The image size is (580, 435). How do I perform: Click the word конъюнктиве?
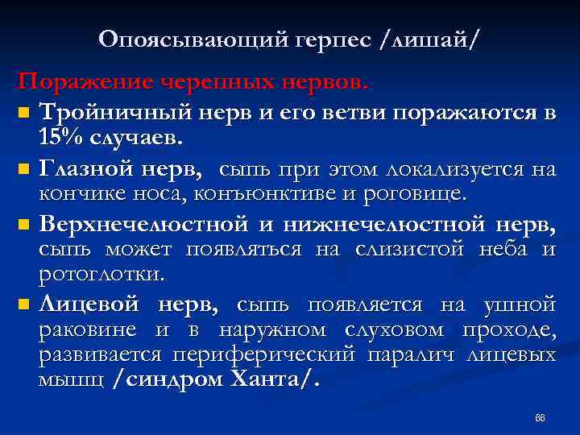pos(259,193)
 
